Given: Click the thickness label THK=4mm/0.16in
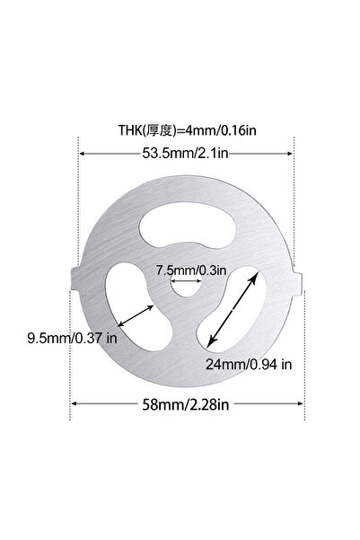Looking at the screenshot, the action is click(188, 130).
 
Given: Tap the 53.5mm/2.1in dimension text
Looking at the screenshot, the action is click(185, 153).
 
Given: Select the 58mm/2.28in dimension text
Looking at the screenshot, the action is click(186, 404).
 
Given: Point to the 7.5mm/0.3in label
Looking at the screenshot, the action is click(191, 270).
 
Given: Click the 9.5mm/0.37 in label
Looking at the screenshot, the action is click(73, 338).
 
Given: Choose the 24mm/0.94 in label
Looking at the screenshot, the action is click(249, 364).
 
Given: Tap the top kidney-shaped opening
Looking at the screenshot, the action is click(188, 225).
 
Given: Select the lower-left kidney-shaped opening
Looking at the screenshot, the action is click(137, 307).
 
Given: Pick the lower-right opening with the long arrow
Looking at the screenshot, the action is click(233, 309).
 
